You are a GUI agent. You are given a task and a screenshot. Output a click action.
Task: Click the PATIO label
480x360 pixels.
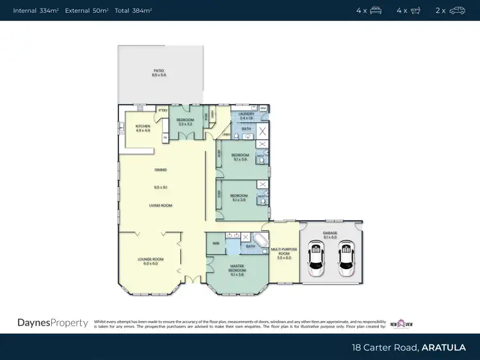tap(159, 70)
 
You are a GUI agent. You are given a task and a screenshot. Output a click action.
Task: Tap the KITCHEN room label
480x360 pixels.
tap(142, 127)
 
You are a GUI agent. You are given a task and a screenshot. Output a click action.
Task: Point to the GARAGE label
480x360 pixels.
tap(330, 235)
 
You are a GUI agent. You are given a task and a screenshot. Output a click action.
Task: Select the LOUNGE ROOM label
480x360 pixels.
tap(150, 259)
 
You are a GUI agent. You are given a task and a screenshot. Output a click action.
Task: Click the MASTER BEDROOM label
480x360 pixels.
tap(236, 270)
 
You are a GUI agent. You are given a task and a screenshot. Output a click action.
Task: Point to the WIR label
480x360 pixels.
tap(215, 243)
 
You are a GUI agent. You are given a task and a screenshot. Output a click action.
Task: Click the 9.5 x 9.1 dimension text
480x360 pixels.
tap(160, 187)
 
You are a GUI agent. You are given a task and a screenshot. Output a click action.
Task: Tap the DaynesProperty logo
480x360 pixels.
tap(52, 323)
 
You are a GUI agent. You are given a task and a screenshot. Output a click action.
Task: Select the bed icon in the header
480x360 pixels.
tap(376, 10)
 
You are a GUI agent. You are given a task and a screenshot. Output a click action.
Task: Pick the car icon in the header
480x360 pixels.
tap(458, 10)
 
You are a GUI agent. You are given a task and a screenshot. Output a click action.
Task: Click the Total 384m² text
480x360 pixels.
tap(133, 11)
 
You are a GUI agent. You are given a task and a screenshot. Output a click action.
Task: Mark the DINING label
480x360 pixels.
tap(160, 169)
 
